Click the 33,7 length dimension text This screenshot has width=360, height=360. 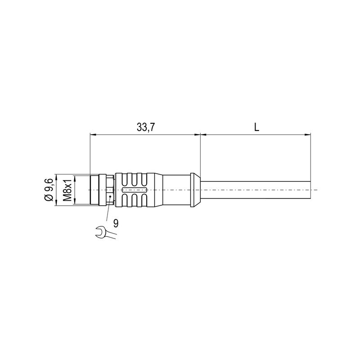click(146, 128)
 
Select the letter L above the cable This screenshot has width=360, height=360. click(256, 128)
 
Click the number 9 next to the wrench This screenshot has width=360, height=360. click(116, 223)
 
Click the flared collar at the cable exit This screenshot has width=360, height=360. click(195, 190)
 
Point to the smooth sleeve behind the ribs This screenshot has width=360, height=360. click(175, 190)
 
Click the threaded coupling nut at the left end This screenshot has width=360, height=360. click(97, 190)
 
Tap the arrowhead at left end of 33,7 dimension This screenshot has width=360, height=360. click(92, 134)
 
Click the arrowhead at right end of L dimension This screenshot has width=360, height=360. click(309, 134)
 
